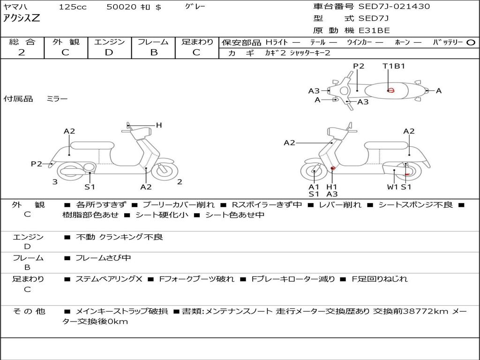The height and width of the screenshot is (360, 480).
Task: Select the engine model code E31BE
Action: click(374, 30)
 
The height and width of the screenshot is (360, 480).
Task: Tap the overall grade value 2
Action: click(21, 52)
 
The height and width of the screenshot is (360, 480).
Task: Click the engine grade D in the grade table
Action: click(109, 52)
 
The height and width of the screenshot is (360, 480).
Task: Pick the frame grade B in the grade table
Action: click(153, 52)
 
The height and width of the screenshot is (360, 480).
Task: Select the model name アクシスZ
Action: click(22, 19)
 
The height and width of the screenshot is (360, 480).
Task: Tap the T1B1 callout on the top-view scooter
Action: click(394, 66)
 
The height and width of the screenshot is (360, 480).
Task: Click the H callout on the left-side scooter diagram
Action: click(159, 125)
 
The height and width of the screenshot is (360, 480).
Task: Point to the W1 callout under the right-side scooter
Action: click(392, 187)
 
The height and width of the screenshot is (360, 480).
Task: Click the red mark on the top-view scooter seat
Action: click(390, 90)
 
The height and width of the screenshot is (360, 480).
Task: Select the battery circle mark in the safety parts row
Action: click(471, 43)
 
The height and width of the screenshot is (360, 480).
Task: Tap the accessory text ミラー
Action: click(57, 99)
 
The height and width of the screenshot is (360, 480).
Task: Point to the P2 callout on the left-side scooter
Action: click(37, 164)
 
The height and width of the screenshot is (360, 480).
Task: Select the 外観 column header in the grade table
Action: click(66, 42)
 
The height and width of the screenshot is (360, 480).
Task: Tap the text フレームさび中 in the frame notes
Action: click(103, 258)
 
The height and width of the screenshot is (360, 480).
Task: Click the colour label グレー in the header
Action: click(195, 7)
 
